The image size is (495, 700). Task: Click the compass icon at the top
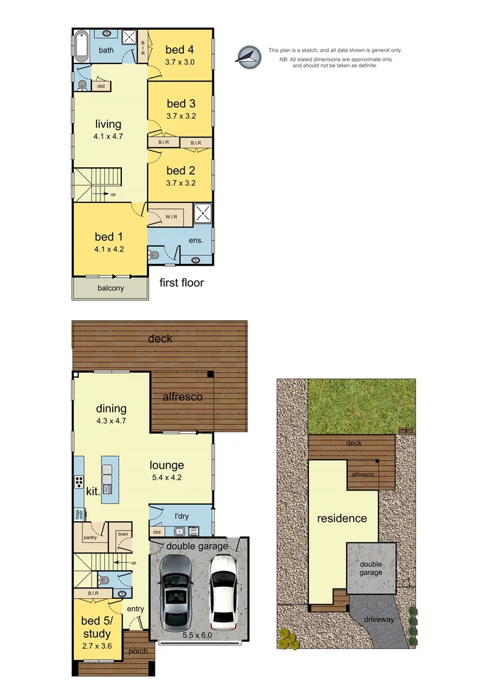tap(247, 57)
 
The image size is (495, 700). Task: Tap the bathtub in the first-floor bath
tap(80, 45)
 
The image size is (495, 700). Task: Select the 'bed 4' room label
tap(179, 49)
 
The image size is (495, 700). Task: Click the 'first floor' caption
tap(181, 283)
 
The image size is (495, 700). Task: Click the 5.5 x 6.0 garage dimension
tap(198, 636)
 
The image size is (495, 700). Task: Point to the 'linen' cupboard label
tap(122, 534)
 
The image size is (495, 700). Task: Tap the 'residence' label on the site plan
tap(341, 519)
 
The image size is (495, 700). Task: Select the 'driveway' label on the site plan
tap(378, 620)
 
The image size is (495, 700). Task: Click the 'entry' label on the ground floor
tap(135, 609)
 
